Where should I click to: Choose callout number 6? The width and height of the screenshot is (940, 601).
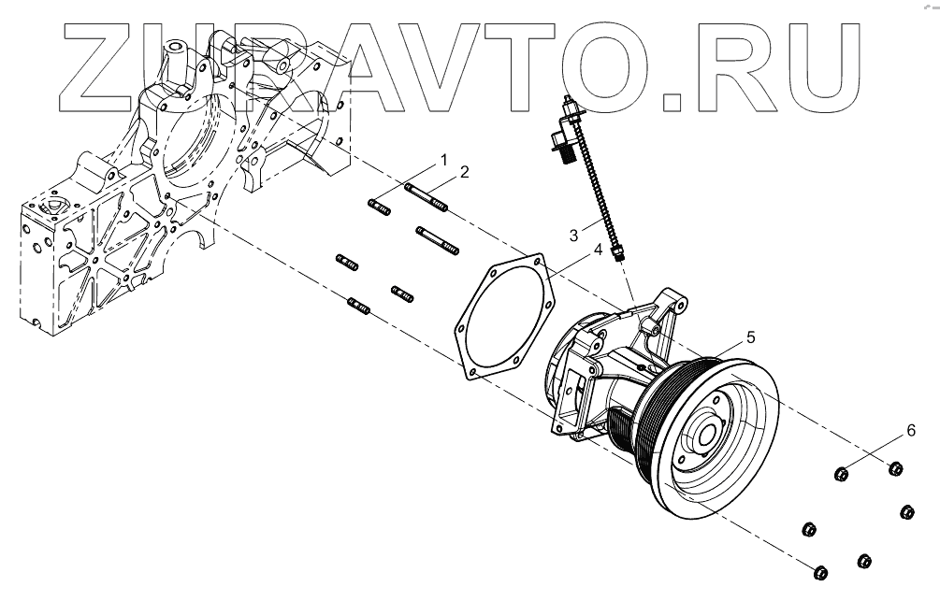910,431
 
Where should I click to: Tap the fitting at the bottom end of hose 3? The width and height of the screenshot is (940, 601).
615,252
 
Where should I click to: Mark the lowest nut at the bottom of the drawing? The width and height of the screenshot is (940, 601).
820,572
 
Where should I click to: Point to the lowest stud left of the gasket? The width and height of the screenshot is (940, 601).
360,304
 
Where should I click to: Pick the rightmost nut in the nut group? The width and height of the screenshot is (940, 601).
905,510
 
